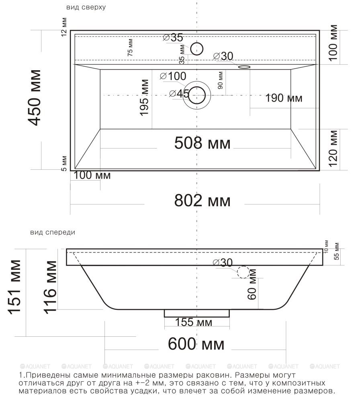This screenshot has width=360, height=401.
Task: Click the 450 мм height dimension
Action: [34, 98]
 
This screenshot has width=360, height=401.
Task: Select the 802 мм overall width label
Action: [202, 201]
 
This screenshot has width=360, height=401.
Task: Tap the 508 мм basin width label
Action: [202, 143]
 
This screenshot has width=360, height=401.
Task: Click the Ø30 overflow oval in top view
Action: [244, 67]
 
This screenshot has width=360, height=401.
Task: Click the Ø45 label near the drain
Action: [179, 94]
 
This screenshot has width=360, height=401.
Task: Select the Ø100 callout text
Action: [173, 76]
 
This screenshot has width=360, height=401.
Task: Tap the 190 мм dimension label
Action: [284, 98]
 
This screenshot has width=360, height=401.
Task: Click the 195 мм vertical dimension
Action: [144, 98]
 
